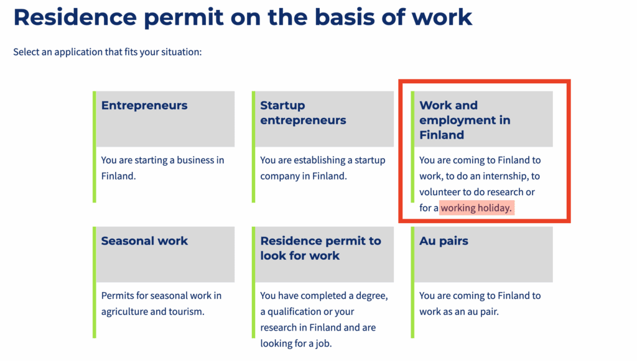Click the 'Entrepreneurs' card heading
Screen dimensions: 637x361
pyautogui.click(x=144, y=106)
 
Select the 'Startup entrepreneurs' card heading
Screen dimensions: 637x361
pyautogui.click(x=303, y=112)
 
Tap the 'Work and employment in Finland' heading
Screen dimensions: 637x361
pyautogui.click(x=465, y=120)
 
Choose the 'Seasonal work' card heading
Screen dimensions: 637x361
pyautogui.click(x=144, y=241)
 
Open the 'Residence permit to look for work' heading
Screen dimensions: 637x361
pyautogui.click(x=320, y=249)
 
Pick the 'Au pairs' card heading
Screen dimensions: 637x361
pyautogui.click(x=444, y=241)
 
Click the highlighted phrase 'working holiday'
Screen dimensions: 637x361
pyautogui.click(x=476, y=208)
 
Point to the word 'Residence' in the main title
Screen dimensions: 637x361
pyautogui.click(x=75, y=17)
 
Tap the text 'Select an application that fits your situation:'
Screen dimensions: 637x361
pyautogui.click(x=107, y=52)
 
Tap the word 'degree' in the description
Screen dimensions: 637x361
pyautogui.click(x=372, y=296)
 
